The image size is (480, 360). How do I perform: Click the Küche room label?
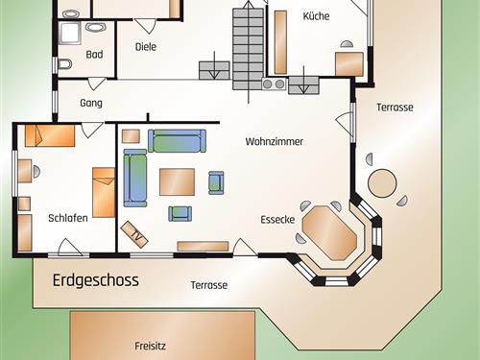click(316, 15)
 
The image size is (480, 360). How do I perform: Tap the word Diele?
click(146, 47)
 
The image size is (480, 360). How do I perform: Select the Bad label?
click(94, 55)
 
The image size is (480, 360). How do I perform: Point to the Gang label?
click(91, 103)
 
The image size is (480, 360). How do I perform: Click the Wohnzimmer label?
click(275, 141)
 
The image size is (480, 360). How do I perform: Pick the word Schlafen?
click(68, 218)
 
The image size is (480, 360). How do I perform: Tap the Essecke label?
click(277, 220)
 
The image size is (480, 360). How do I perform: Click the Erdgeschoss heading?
click(96, 280)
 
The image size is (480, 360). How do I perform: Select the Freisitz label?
click(150, 346)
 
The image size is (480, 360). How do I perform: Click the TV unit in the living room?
click(134, 234)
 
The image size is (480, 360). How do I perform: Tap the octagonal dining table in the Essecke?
click(329, 232)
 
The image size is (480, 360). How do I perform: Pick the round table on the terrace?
click(382, 183)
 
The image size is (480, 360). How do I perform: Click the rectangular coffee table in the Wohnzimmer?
click(177, 181)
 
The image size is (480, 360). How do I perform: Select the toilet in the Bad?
click(65, 64)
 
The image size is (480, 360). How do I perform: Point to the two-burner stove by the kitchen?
click(274, 84)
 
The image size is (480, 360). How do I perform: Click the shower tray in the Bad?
click(70, 33)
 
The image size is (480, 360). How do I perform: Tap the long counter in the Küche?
click(280, 42)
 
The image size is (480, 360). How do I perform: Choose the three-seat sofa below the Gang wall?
click(177, 141)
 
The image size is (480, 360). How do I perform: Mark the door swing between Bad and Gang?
click(97, 84)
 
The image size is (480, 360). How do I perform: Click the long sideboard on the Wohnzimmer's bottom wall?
click(203, 246)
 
